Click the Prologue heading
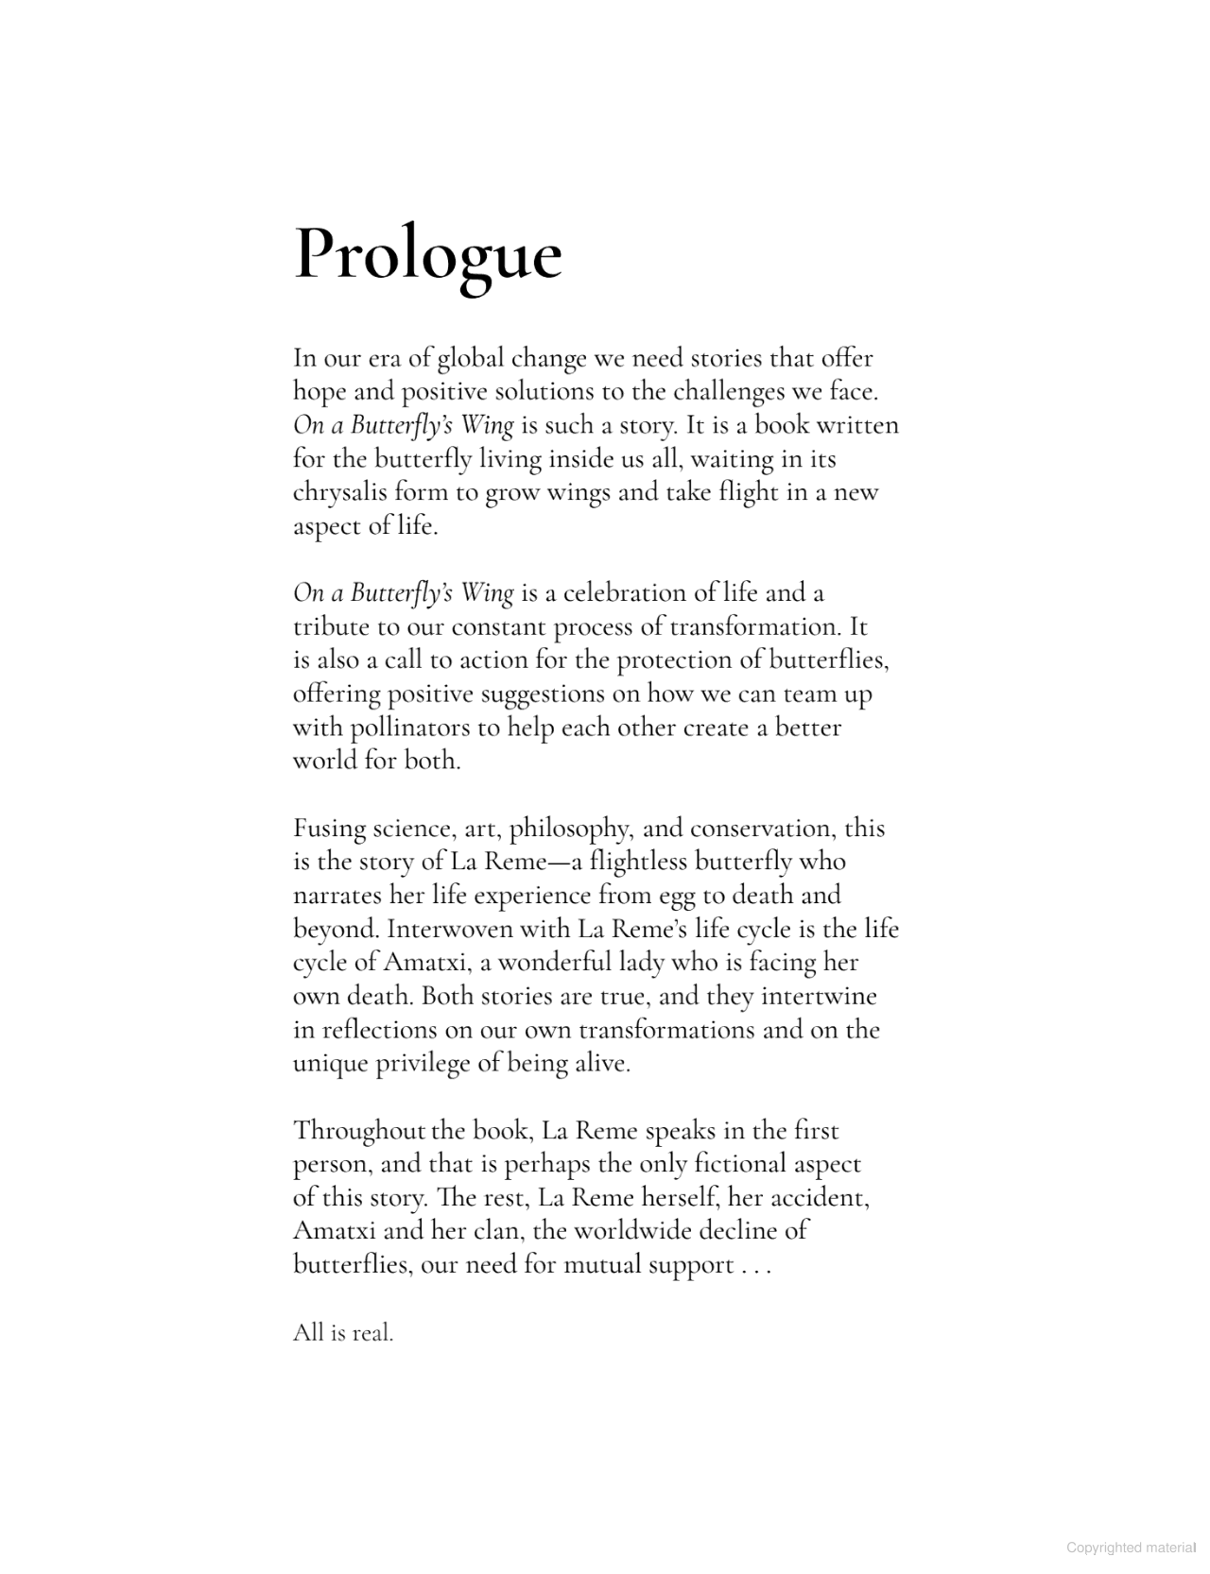[x=428, y=255]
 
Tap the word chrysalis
[x=339, y=492]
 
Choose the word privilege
[x=422, y=1063]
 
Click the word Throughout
[x=359, y=1131]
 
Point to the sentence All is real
[x=342, y=1332]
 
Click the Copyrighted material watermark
[x=1132, y=1548]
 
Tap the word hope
[x=319, y=391]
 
